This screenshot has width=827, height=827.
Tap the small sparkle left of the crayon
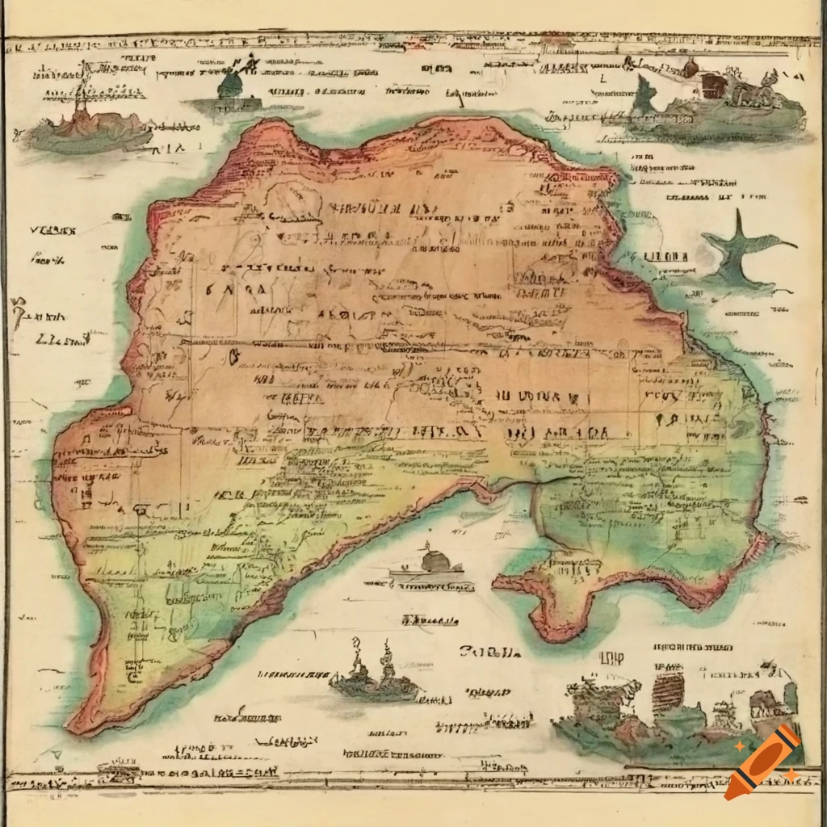[740, 748]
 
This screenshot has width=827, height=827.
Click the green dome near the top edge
[231, 84]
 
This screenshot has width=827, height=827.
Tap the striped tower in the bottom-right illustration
[667, 691]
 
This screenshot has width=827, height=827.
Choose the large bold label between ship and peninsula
[488, 651]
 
